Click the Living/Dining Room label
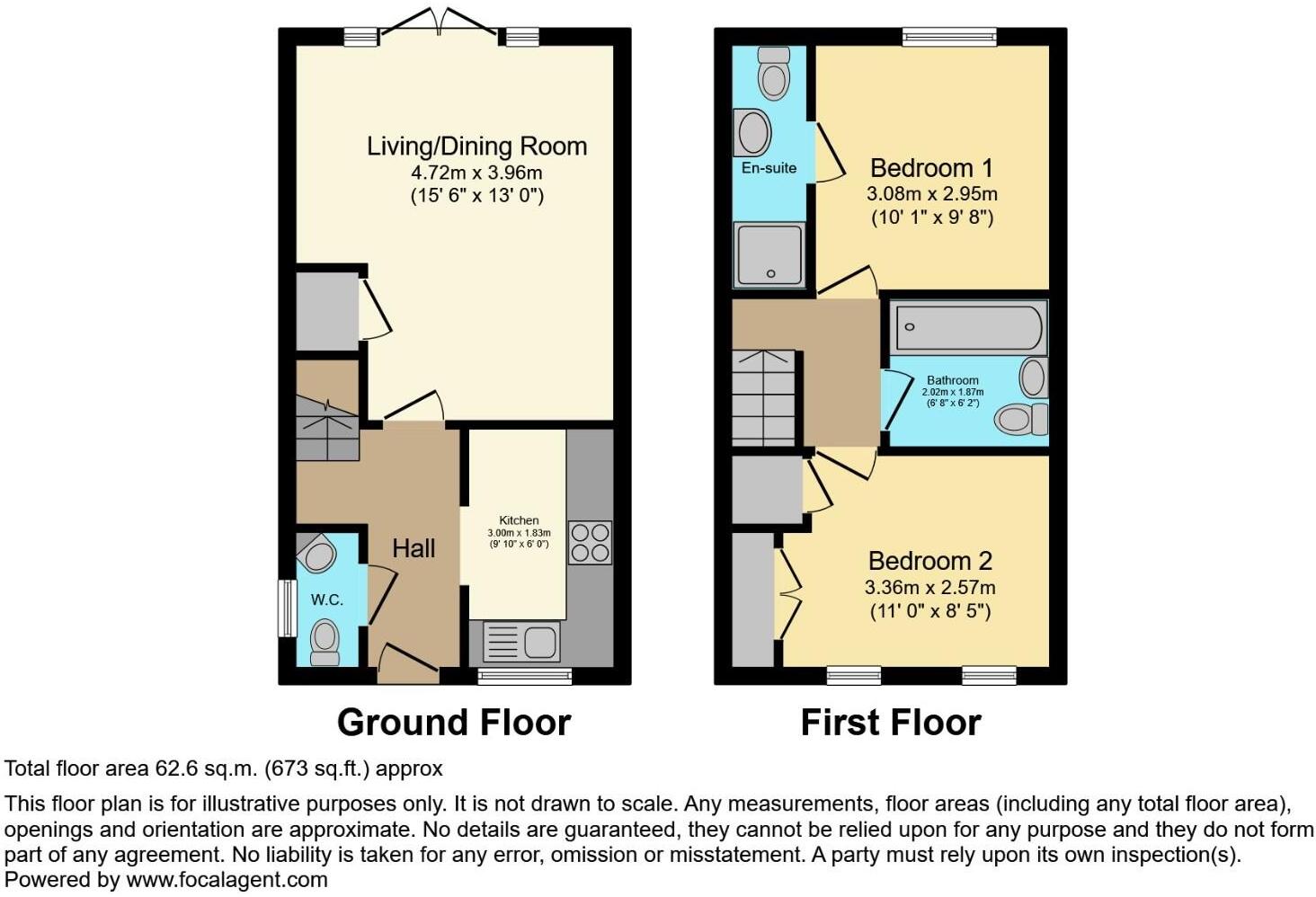476,146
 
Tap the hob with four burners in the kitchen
590,542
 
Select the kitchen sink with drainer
522,643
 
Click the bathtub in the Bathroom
968,328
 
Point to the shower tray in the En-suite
769,254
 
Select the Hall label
413,548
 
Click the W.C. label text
327,599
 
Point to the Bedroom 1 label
931,168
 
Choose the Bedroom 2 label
929,561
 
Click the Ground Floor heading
454,723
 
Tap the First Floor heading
890,723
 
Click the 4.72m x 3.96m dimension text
476,172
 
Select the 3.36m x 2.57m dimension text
929,588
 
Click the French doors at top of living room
440,24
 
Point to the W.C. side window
287,608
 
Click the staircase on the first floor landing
764,397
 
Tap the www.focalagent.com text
227,880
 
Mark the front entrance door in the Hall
409,665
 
